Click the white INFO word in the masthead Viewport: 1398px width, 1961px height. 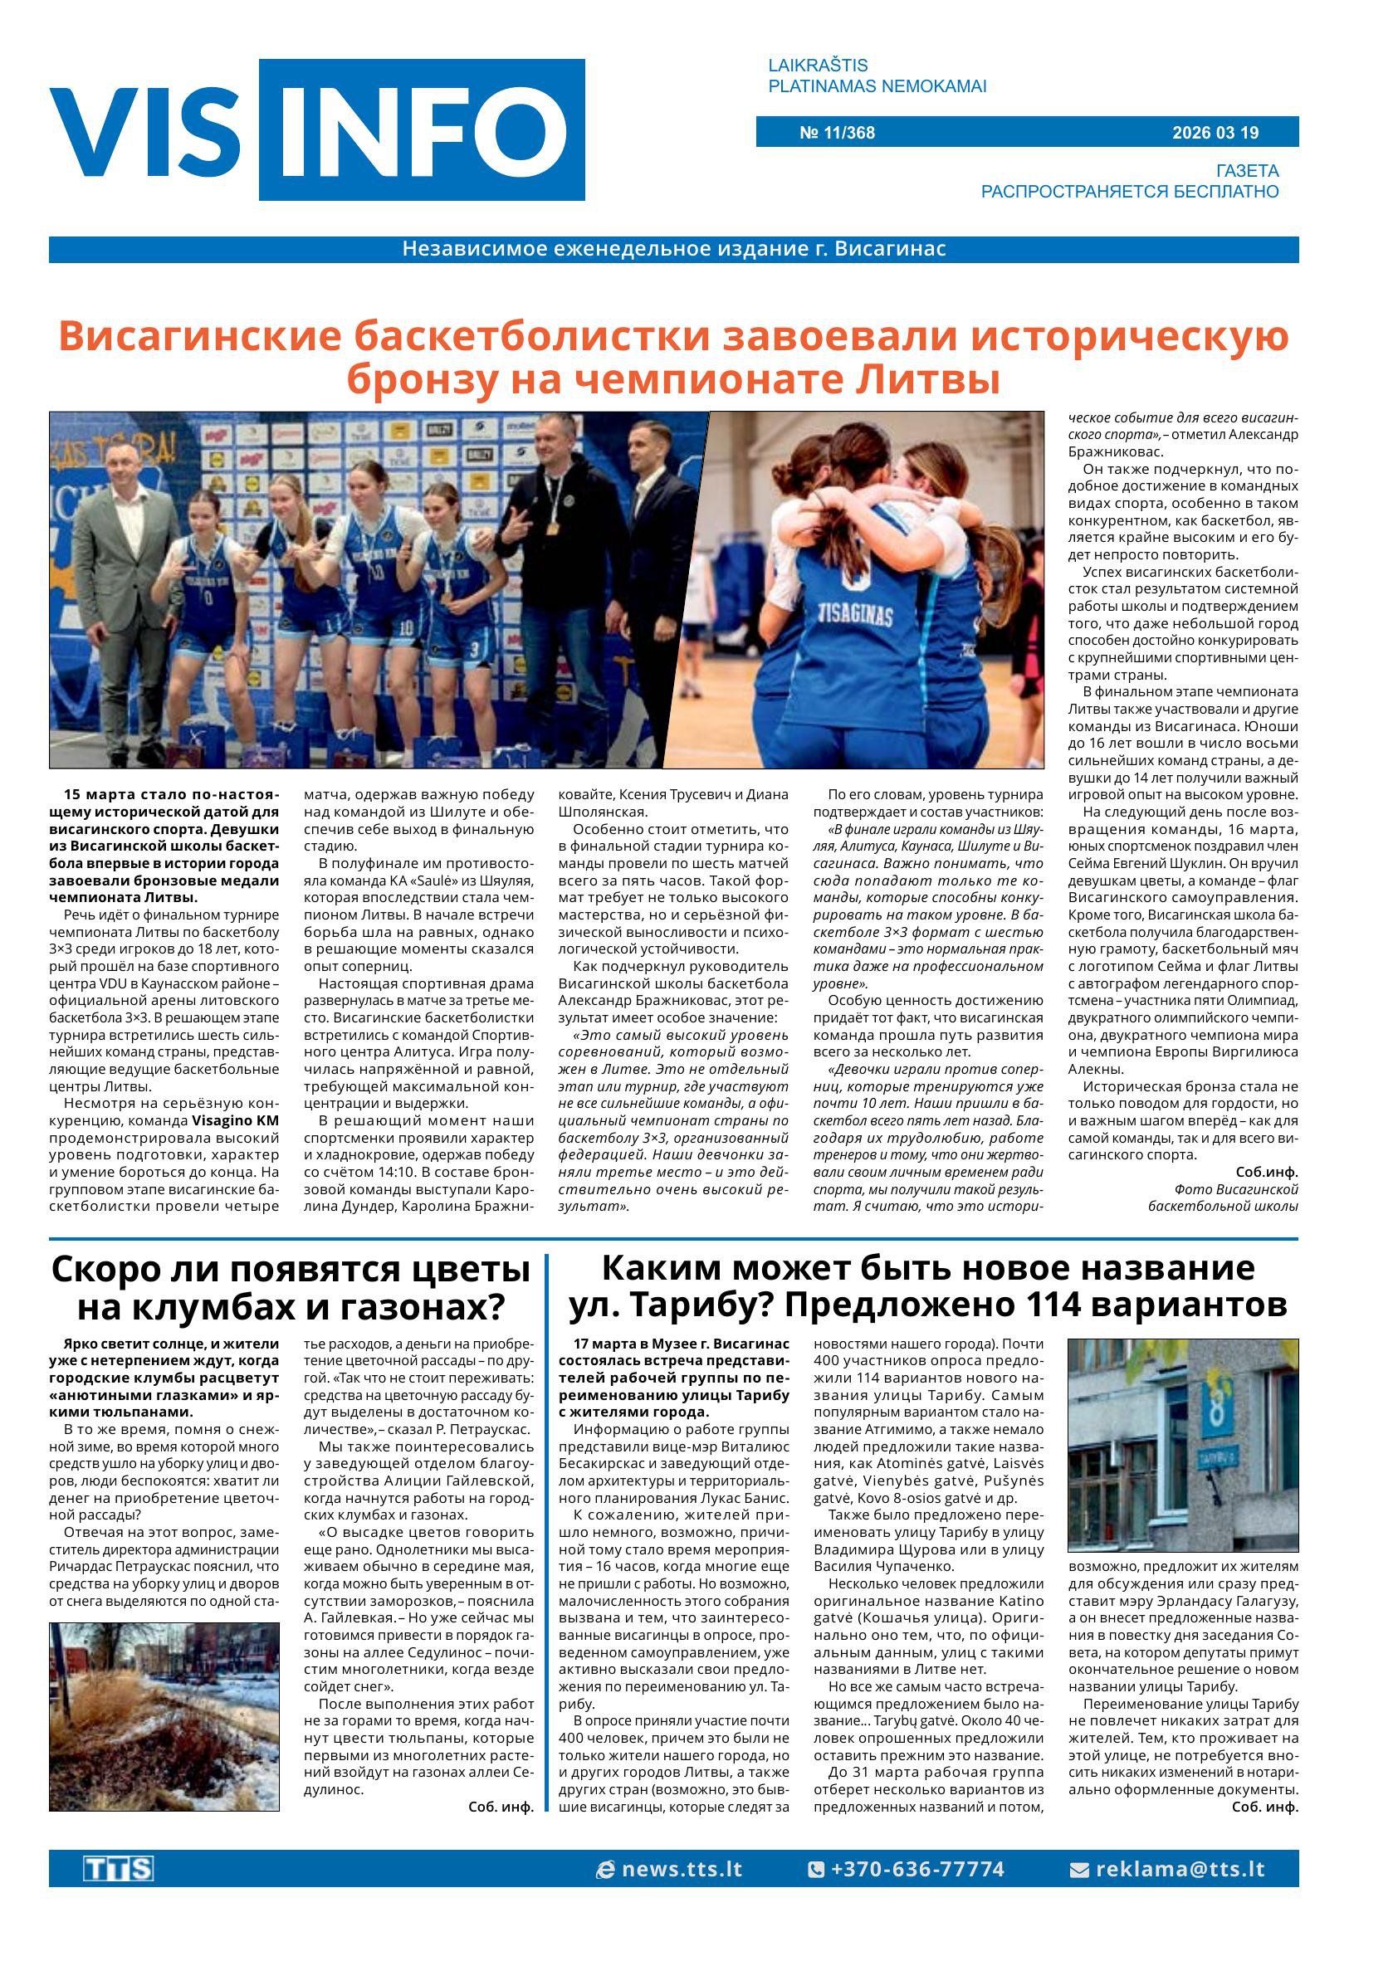point(422,131)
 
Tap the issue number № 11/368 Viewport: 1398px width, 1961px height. point(837,133)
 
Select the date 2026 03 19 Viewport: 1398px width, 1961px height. point(1215,133)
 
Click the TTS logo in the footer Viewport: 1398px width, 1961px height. point(118,1869)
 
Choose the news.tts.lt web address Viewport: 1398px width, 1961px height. point(681,1869)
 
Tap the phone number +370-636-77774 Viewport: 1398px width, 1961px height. point(916,1869)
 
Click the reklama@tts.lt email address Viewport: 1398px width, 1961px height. point(1180,1869)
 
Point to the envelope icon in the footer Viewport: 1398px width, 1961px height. point(1078,1870)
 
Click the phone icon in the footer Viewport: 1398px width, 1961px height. point(815,1870)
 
